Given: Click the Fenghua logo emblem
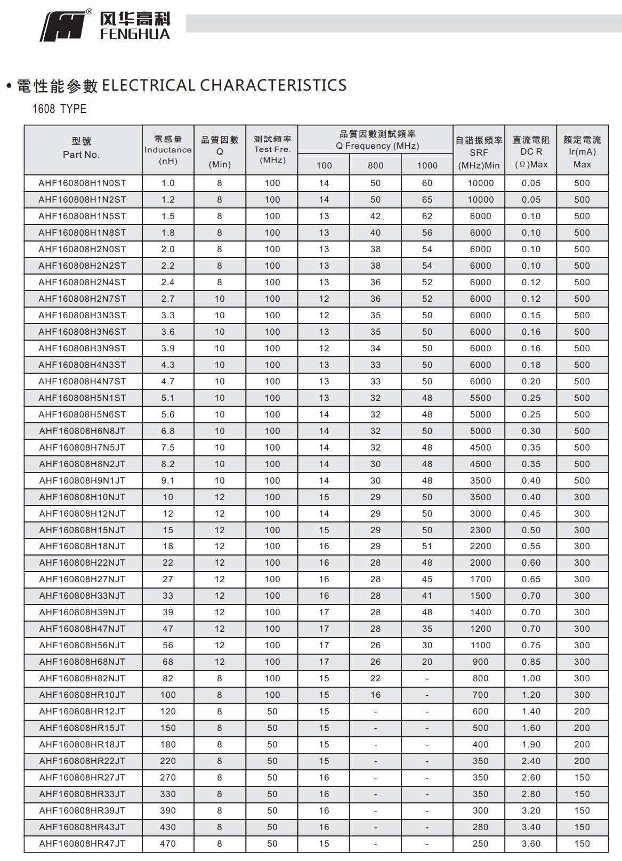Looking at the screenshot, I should [x=63, y=27].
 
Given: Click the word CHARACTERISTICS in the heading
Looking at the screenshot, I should [x=273, y=85].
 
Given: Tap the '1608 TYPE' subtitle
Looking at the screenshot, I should [x=59, y=109].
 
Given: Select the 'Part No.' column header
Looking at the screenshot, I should [x=82, y=155].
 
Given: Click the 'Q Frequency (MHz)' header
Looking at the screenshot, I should [x=377, y=146].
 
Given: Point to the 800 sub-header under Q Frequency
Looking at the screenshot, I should [x=376, y=165].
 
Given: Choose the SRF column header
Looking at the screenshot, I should [x=479, y=152].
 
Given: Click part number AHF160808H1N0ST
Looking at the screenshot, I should [x=82, y=183].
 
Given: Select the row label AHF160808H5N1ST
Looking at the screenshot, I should [x=82, y=398].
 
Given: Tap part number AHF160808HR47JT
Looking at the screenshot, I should [x=82, y=843].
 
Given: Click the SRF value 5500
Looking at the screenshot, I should [x=480, y=398].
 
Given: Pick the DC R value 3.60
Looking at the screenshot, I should [x=531, y=843].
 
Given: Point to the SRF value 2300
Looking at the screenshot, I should [x=480, y=530].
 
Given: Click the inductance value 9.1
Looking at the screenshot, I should [x=168, y=480].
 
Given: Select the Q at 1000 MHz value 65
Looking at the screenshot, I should [x=427, y=199].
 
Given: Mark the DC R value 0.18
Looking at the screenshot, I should [x=531, y=365].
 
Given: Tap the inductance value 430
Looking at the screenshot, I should [x=168, y=827].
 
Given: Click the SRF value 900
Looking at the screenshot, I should [x=480, y=662].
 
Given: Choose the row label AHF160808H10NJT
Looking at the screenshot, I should [x=82, y=497].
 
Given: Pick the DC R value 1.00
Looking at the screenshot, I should [x=531, y=678].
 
